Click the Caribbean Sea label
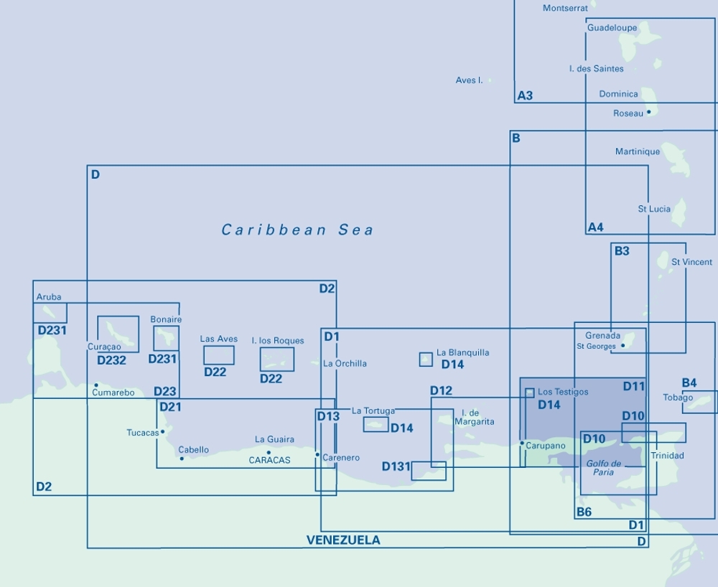click(297, 230)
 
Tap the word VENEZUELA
click(343, 540)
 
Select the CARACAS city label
click(270, 460)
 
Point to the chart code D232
click(111, 360)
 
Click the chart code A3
click(525, 95)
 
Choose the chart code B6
click(584, 512)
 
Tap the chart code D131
click(396, 466)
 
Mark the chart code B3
click(622, 251)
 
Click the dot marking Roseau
click(648, 112)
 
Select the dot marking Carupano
click(522, 443)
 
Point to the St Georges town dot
click(623, 345)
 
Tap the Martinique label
click(638, 151)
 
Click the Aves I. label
click(469, 80)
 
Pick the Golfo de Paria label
click(603, 468)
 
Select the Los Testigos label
click(563, 392)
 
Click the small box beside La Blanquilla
click(426, 360)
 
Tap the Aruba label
click(49, 296)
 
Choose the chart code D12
click(441, 390)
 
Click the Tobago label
click(678, 398)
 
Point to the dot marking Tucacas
click(163, 431)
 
